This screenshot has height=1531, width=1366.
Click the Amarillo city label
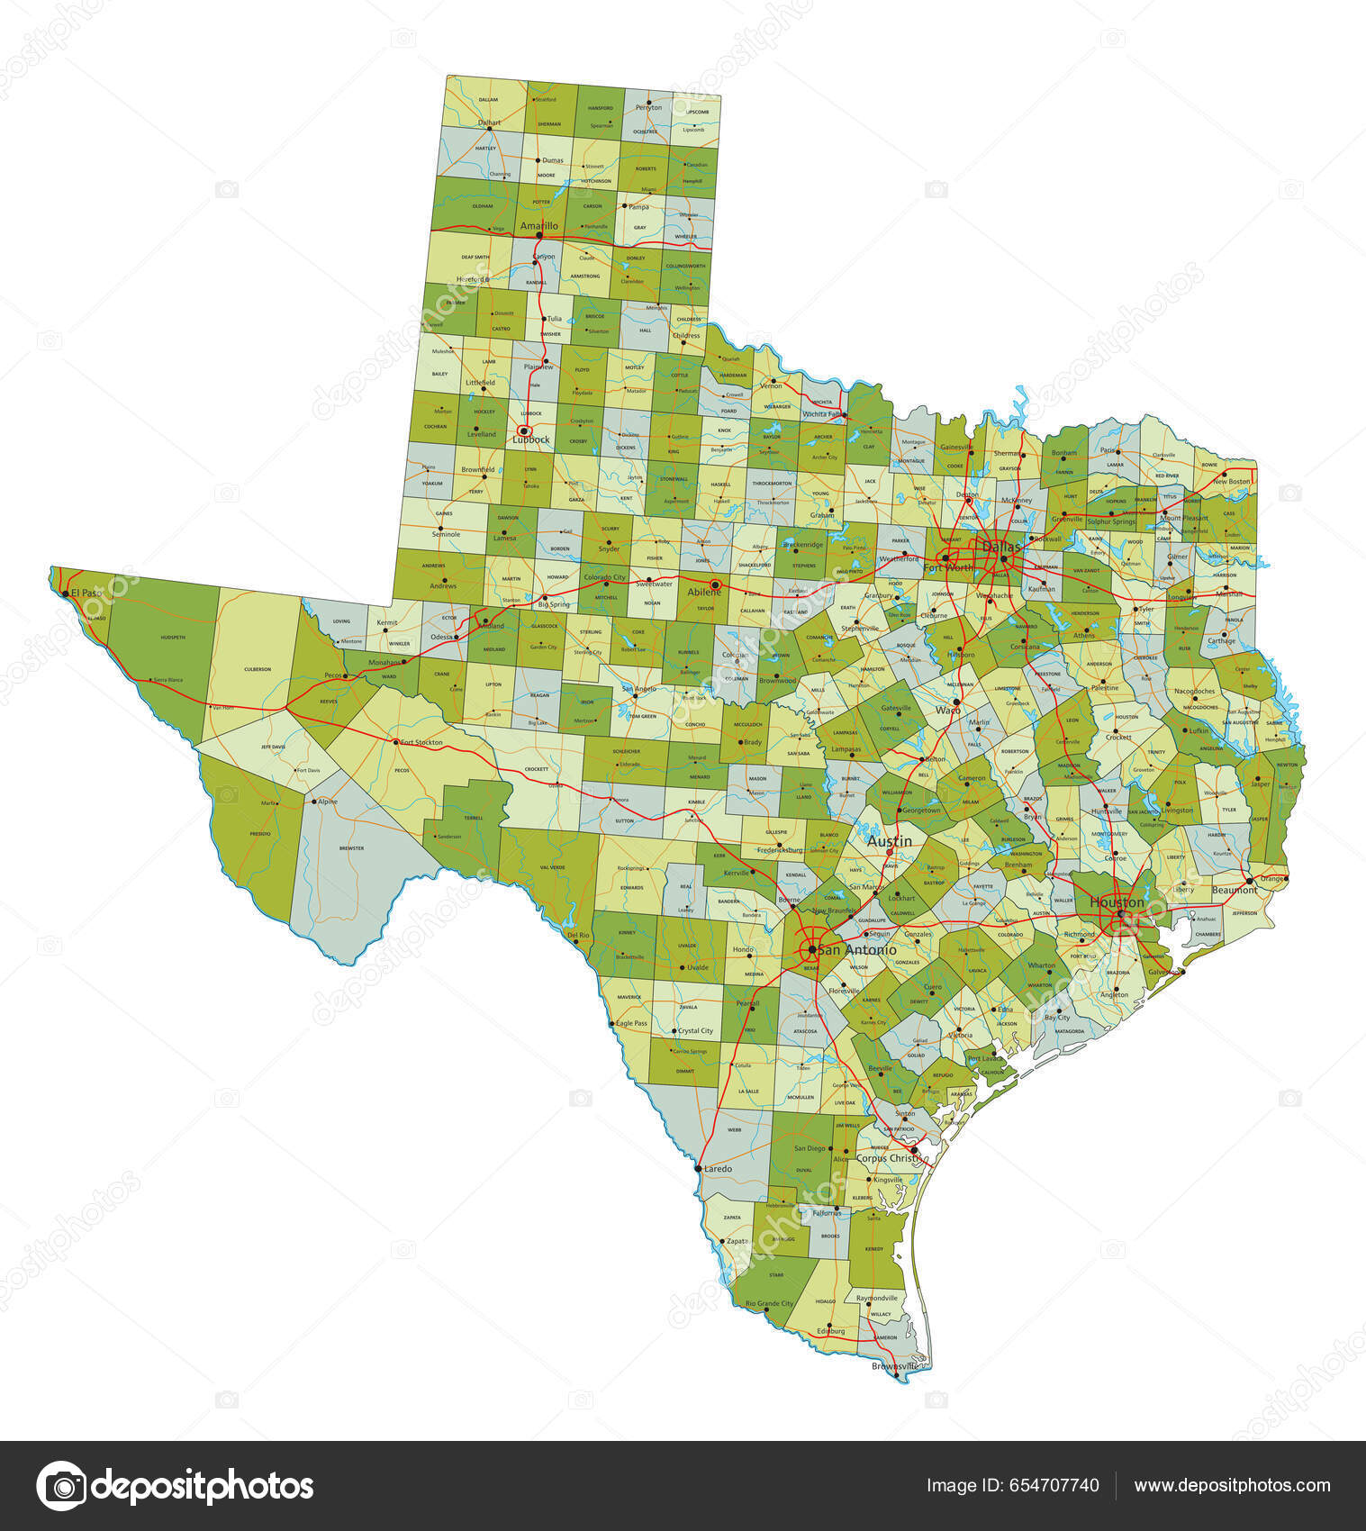[x=539, y=226]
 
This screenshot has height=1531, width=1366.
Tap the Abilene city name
[x=705, y=592]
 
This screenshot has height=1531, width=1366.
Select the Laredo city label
[x=718, y=1169]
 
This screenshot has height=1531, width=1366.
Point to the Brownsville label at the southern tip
[x=895, y=1366]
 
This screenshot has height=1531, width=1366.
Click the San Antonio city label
[x=856, y=949]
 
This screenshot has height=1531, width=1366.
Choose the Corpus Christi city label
[x=887, y=1158]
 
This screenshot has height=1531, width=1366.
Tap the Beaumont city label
[x=1235, y=890]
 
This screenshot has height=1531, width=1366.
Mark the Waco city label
[x=948, y=710]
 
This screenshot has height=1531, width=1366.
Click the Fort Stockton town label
[x=421, y=742]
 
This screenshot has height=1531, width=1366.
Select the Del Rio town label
[x=578, y=935]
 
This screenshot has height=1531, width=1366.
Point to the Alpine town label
[x=328, y=802]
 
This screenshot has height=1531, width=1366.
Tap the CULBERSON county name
[x=258, y=669]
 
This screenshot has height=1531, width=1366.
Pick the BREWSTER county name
[x=351, y=847]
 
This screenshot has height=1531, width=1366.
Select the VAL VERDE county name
[x=552, y=867]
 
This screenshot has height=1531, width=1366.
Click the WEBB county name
[x=735, y=1128]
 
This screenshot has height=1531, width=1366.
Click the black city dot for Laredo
[x=699, y=1169]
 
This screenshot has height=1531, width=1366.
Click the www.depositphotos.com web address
[x=1232, y=1486]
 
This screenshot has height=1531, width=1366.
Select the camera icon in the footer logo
[x=61, y=1486]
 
